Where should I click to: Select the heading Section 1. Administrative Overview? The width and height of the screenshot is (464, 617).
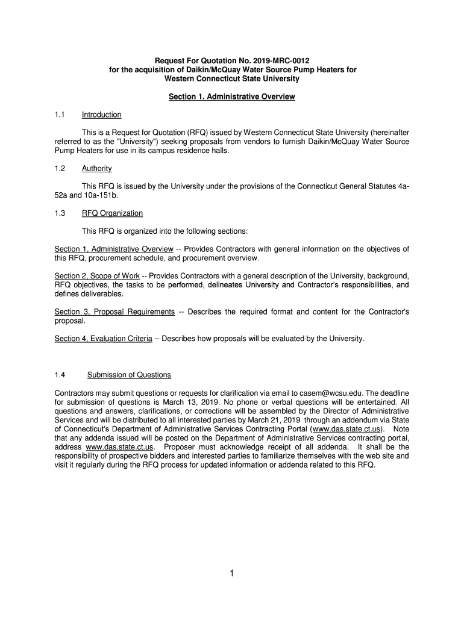232,96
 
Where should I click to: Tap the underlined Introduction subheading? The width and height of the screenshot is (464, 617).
102,114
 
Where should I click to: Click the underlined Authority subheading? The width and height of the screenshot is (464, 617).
97,168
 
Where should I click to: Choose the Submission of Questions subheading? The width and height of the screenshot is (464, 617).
129,375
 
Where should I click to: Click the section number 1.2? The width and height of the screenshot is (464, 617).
60,168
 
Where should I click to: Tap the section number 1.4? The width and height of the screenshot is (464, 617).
60,375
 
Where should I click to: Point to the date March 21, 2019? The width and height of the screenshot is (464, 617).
275,420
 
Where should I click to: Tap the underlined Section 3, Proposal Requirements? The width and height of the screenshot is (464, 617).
114,312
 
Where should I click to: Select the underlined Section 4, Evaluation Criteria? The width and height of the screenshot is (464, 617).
103,339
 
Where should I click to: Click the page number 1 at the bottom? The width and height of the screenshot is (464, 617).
231,574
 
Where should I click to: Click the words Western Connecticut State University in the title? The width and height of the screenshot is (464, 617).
232,79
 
